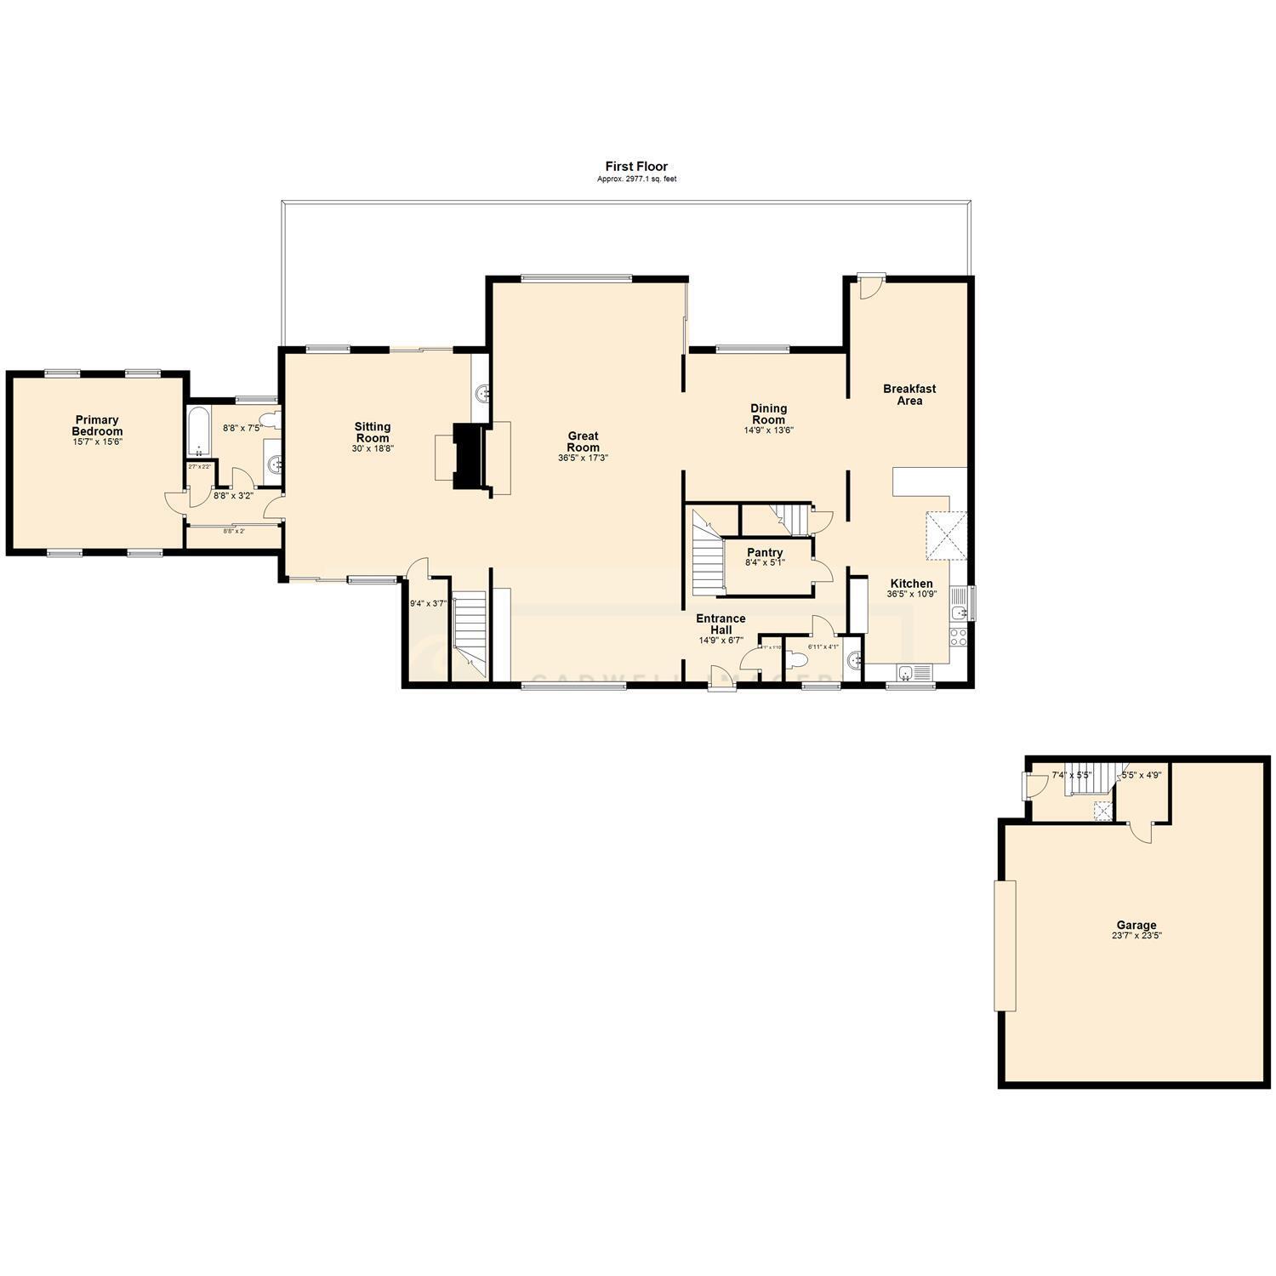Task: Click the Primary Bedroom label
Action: click(x=97, y=425)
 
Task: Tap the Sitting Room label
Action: click(x=373, y=432)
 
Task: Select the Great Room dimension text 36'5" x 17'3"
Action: click(x=583, y=458)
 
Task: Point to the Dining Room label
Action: click(x=768, y=413)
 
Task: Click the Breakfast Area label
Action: click(x=909, y=395)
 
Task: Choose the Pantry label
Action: click(x=765, y=553)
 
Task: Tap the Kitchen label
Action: click(x=911, y=584)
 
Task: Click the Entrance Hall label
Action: click(x=721, y=624)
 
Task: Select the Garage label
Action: click(x=1136, y=926)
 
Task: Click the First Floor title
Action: click(x=636, y=167)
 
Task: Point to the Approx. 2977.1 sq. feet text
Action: click(x=636, y=179)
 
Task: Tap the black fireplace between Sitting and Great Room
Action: click(x=469, y=457)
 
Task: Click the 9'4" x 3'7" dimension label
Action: click(x=428, y=604)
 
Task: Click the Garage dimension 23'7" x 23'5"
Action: click(x=1136, y=936)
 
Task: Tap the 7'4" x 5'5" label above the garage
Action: click(x=1071, y=775)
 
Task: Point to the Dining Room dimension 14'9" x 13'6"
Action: click(x=768, y=430)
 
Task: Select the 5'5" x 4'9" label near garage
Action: click(x=1141, y=775)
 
